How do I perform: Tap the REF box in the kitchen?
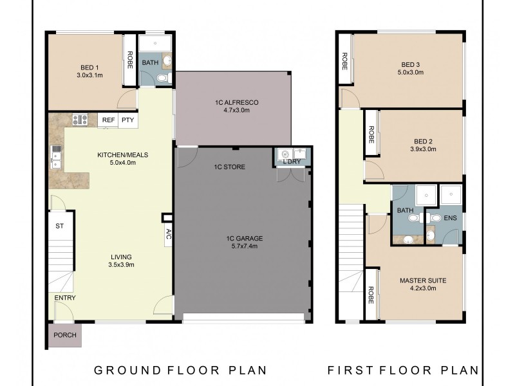pos(108,120)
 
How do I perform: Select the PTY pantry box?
pos(127,120)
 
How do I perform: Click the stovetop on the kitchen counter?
pos(80,119)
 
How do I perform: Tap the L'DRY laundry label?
pos(291,161)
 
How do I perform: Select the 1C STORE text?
pos(230,167)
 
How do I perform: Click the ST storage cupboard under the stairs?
pos(60,226)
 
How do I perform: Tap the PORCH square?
pos(64,335)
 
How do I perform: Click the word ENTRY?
pos(65,298)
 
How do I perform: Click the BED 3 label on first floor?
pos(410,64)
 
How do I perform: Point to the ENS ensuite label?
pos(450,218)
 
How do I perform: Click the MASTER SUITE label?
pos(422,280)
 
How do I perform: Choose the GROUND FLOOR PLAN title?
pos(180,370)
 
